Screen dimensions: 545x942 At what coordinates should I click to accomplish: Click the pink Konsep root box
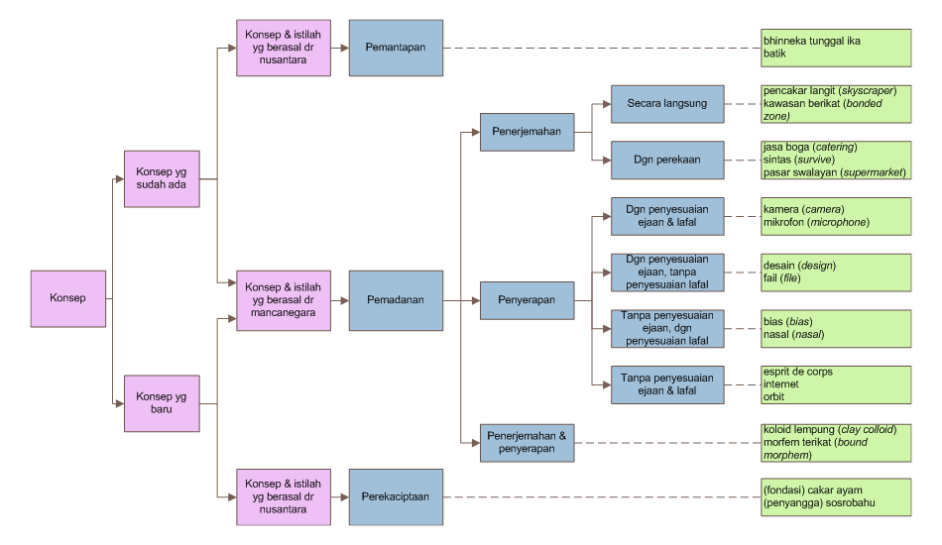68,298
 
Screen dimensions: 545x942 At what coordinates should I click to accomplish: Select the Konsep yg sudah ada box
161,178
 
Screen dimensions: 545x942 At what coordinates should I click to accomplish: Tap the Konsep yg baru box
161,403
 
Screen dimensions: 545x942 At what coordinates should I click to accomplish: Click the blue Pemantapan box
396,48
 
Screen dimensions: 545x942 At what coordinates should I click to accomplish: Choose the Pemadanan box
396,299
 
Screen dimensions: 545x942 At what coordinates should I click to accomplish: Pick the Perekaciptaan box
396,497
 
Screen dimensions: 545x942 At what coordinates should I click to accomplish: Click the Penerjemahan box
527,131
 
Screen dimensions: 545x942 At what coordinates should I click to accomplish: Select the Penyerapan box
527,299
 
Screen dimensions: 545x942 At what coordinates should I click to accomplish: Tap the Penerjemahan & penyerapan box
527,442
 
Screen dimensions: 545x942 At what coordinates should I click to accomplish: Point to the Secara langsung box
666,103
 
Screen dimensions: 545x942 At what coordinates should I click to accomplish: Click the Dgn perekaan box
666,159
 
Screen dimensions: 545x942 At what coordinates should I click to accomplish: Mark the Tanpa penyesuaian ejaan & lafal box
666,383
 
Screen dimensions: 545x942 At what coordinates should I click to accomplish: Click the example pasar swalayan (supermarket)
835,172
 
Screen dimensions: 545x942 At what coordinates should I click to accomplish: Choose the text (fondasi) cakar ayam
811,490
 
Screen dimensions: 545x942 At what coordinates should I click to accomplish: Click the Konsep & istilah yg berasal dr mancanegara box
284,299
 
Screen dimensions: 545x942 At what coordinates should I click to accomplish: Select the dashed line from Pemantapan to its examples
595,48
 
